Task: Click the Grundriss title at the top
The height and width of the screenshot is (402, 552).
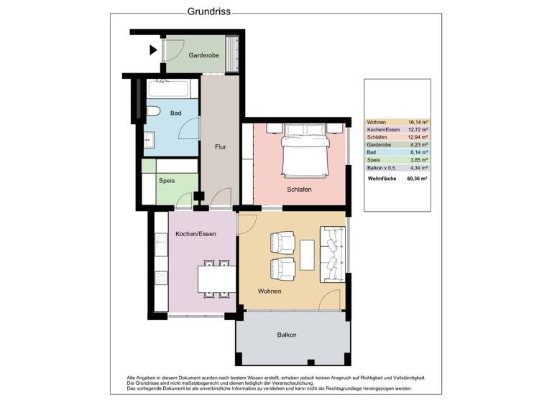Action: (x=208, y=11)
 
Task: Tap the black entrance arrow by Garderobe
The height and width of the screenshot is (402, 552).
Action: (x=153, y=50)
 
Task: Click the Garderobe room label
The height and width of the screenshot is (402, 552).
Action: (x=203, y=55)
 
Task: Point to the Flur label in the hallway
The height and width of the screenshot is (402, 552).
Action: (x=221, y=146)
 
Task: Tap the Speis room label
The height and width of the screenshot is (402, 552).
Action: (x=166, y=181)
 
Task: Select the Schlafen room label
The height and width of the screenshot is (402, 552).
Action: (x=298, y=189)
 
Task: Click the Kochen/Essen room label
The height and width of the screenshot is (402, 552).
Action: (x=195, y=233)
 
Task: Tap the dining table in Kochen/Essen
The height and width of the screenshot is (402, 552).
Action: (x=215, y=277)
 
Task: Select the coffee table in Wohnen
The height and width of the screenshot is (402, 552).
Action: (x=308, y=255)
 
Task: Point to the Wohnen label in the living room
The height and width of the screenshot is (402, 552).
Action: (x=269, y=291)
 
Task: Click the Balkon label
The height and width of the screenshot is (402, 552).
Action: (x=287, y=335)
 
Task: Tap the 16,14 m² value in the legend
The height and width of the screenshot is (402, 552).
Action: (x=417, y=123)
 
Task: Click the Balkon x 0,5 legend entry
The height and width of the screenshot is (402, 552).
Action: (x=382, y=168)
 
